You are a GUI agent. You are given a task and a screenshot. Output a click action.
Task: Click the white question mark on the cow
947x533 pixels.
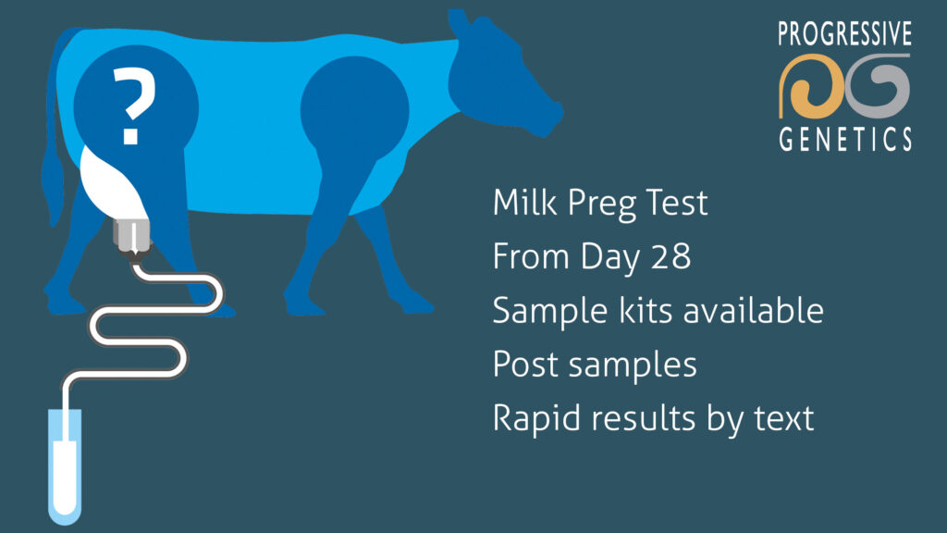[132, 109]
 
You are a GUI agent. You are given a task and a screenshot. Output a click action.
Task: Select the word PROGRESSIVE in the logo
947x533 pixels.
[844, 35]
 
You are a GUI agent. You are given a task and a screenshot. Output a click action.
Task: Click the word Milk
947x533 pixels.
[523, 203]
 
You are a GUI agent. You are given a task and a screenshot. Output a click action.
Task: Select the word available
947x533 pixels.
[752, 310]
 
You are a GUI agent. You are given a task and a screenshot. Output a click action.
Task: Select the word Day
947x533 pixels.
[611, 257]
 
